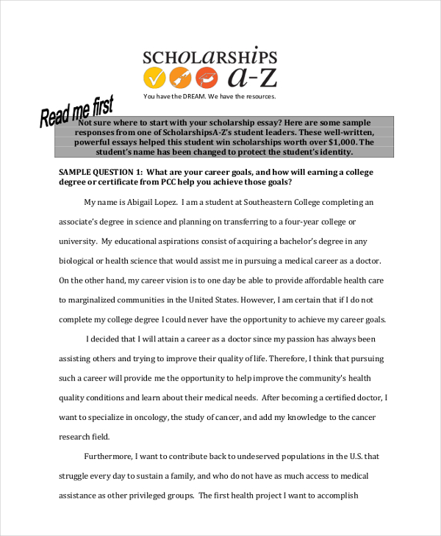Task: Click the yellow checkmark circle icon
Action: (155, 77)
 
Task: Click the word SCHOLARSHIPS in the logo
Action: (209, 57)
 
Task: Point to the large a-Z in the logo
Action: (252, 76)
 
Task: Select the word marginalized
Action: (98, 300)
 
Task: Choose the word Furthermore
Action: (110, 456)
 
